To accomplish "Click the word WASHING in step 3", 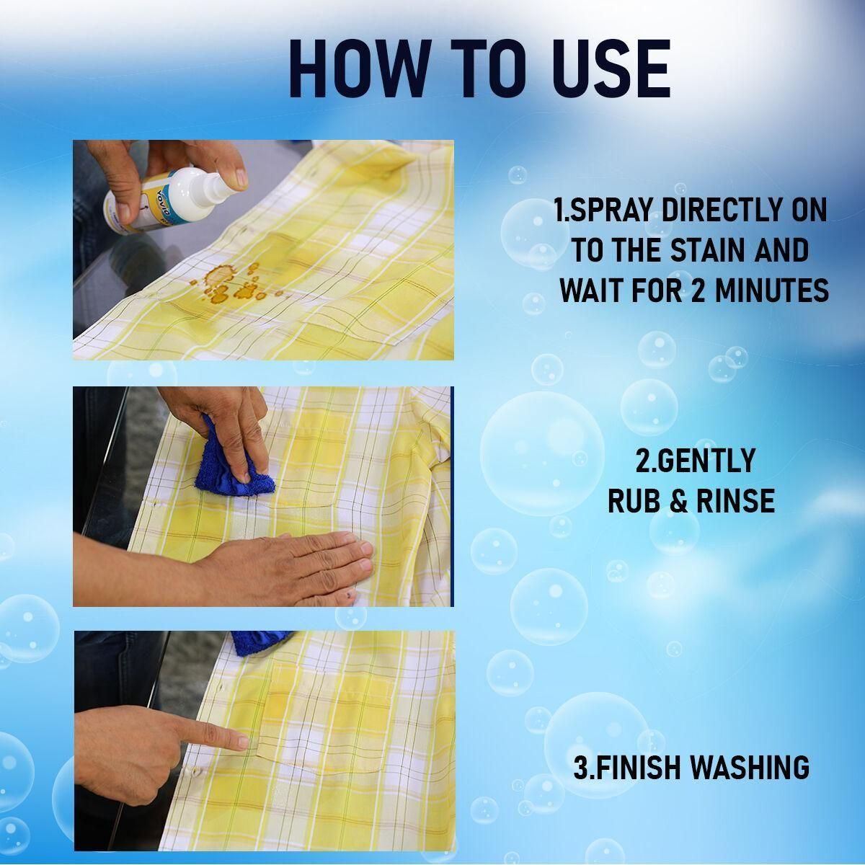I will coord(749,767).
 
